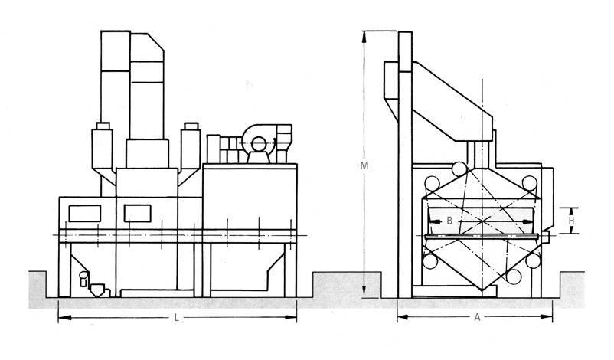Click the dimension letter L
tap(177, 318)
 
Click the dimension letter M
tap(364, 165)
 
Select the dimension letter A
tap(477, 318)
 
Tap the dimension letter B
tap(449, 221)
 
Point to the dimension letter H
tap(571, 221)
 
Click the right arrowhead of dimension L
tap(291, 317)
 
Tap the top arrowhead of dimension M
tap(364, 37)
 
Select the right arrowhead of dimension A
tap(547, 316)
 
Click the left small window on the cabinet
tap(84, 213)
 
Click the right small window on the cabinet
tap(138, 213)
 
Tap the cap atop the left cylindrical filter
tap(103, 126)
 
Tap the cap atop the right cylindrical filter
tap(191, 126)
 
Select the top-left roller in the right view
tap(433, 184)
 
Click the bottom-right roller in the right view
tap(514, 277)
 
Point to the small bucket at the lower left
tap(96, 290)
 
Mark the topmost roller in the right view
tap(459, 169)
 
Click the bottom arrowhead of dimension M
tap(364, 290)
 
